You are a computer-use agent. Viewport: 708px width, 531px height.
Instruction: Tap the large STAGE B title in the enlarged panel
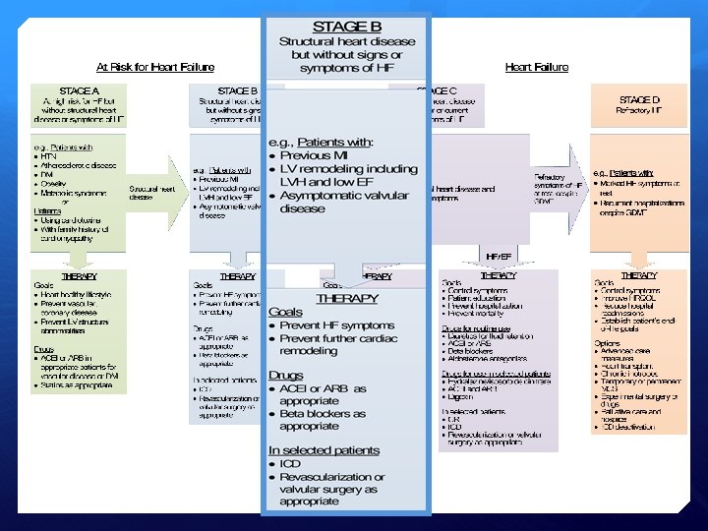coord(346,26)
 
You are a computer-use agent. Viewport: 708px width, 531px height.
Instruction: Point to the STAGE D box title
coord(639,100)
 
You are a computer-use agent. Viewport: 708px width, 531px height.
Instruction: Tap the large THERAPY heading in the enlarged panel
coord(345,297)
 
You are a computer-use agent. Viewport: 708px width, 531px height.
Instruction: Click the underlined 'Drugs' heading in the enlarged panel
coord(286,374)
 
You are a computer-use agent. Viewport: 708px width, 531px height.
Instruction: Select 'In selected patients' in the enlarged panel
coord(324,450)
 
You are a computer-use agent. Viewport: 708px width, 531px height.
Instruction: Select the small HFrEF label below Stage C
coord(499,256)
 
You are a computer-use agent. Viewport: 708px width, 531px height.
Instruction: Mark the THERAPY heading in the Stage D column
coord(639,276)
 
